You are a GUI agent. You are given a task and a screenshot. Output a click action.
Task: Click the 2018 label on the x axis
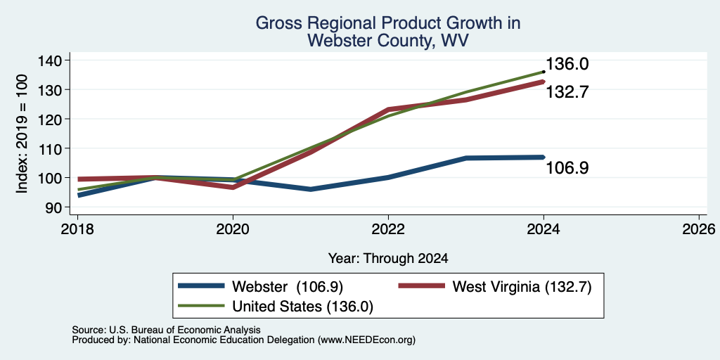pyautogui.click(x=77, y=229)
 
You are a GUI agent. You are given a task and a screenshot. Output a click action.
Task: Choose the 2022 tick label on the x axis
pyautogui.click(x=388, y=229)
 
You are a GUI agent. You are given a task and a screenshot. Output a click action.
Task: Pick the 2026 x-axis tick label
pyautogui.click(x=700, y=229)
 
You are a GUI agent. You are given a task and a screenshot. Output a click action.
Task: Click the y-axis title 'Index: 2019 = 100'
pyautogui.click(x=22, y=134)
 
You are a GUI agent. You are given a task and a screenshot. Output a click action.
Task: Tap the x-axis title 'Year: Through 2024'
pyautogui.click(x=388, y=259)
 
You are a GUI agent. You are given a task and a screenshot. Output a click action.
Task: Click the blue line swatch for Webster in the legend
pyautogui.click(x=202, y=286)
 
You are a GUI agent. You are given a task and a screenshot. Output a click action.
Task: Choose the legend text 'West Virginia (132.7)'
pyautogui.click(x=522, y=287)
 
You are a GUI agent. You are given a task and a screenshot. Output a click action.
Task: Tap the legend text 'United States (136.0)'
pyautogui.click(x=302, y=307)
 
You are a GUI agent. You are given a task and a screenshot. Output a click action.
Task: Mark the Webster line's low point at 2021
pyautogui.click(x=311, y=189)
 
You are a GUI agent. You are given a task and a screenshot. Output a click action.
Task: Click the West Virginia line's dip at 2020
pyautogui.click(x=233, y=187)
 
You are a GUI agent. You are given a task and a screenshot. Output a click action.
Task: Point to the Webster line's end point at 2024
pyautogui.click(x=544, y=157)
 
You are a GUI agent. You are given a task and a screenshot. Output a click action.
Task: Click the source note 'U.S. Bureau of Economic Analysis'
pyautogui.click(x=185, y=330)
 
